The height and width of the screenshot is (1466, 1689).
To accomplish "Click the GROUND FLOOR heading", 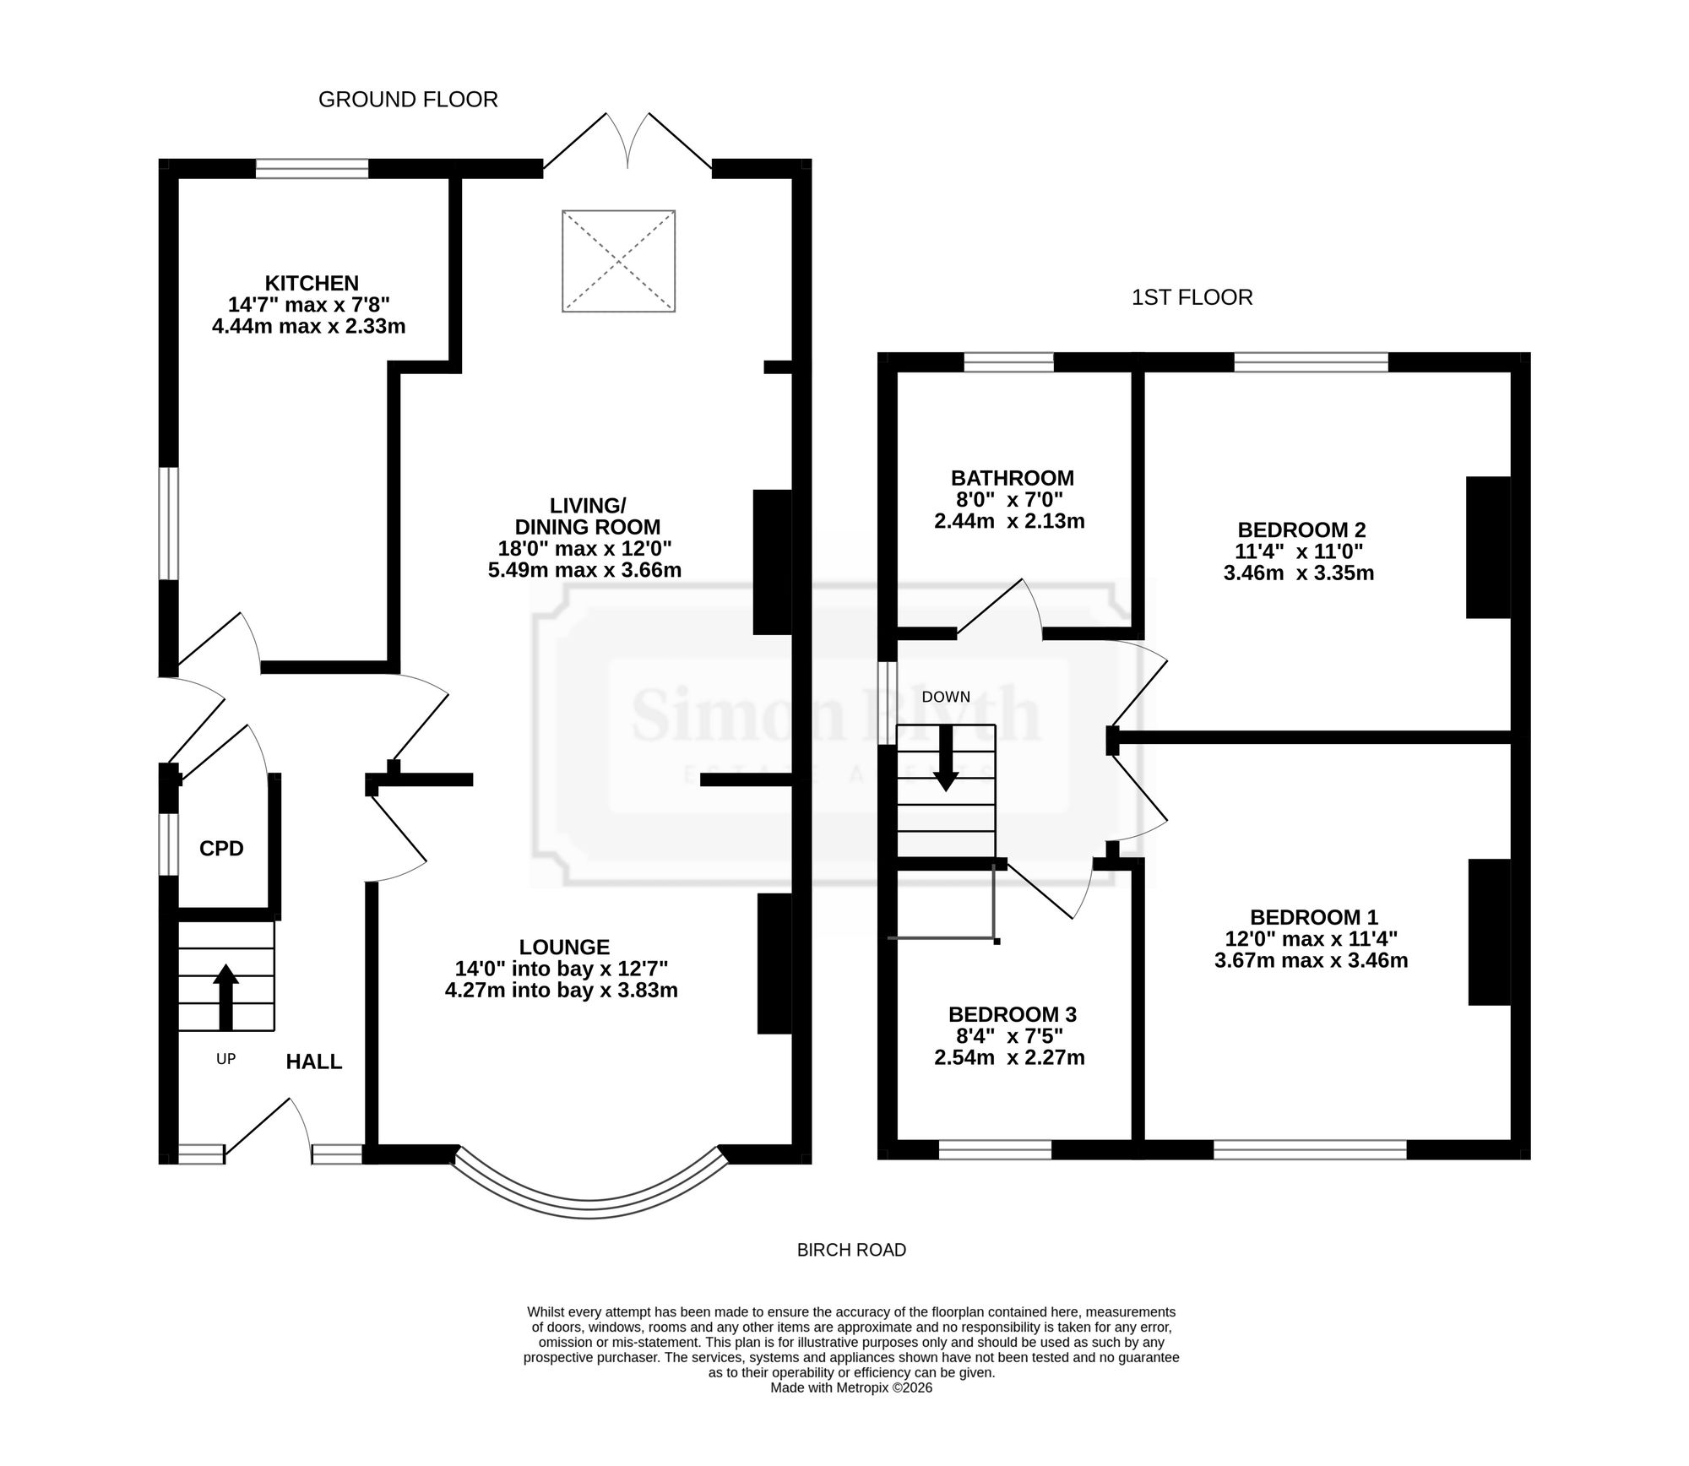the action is pos(408,100).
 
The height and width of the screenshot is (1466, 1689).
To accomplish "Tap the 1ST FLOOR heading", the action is pos(1192,297).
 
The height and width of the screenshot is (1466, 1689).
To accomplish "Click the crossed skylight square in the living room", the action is pos(619,261).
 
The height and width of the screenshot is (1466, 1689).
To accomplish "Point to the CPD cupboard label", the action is pos(221,849).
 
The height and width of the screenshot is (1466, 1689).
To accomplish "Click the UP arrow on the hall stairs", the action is pos(225,996).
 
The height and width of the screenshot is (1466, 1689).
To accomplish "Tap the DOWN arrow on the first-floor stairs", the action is pos(946,757).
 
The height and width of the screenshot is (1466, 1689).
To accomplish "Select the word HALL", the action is pos(314,1061).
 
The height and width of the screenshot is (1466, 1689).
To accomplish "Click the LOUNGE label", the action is pos(564,947).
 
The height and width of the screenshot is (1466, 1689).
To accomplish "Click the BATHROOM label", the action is pos(1013,478).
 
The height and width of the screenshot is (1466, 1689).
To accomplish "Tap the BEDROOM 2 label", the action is pos(1301,529).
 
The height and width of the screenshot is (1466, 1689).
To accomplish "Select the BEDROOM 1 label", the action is pos(1314,916).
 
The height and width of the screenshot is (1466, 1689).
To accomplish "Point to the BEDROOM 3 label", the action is pos(1013,1013).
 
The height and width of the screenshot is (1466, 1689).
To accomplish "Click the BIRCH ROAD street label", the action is pos(851,1250).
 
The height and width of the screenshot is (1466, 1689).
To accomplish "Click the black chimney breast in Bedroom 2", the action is pos(1488,547).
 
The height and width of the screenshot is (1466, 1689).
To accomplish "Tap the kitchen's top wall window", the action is pos(312,169).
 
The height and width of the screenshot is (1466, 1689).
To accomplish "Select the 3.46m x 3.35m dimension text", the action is pos(1299,573).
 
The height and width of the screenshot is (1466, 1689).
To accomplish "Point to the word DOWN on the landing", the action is pos(946,697).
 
